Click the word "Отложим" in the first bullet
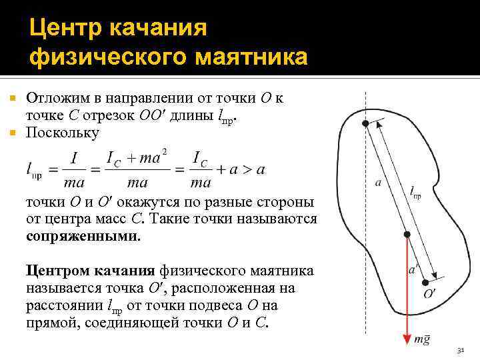click(x=61, y=99)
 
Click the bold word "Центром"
click(x=55, y=271)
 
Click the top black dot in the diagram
click(x=365, y=124)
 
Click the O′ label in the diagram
click(x=431, y=293)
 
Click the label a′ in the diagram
click(x=413, y=270)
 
